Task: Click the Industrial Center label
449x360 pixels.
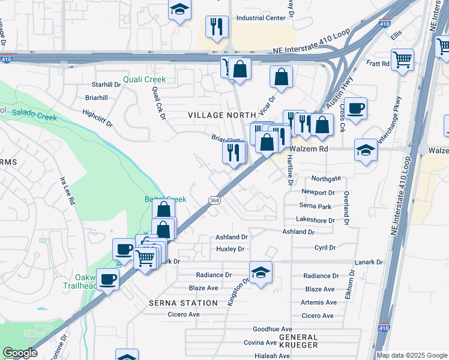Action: coord(261,18)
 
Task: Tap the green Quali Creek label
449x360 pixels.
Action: coord(144,79)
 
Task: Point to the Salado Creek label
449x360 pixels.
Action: coord(34,114)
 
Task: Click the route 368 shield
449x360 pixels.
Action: coord(214,200)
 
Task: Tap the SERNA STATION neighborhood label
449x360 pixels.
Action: coord(183,303)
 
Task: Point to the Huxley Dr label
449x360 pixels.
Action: coord(231,248)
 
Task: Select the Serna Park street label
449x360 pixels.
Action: coord(316,206)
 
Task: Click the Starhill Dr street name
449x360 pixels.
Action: coord(106,85)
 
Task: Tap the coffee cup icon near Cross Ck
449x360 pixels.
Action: coord(356,108)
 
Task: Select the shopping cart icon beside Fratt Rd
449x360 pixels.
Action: coord(402,59)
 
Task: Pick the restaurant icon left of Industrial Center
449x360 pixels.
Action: coord(217,26)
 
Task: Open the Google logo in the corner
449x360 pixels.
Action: coord(20,353)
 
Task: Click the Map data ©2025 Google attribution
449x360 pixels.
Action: coord(411,355)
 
